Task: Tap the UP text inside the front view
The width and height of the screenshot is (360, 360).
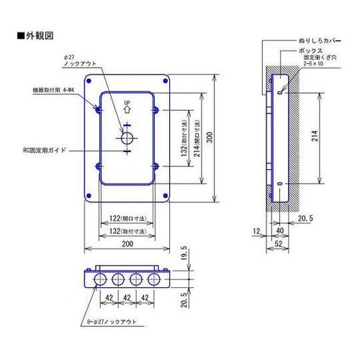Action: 127,103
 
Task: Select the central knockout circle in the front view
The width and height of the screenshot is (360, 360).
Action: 127,138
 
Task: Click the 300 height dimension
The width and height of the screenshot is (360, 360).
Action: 210,138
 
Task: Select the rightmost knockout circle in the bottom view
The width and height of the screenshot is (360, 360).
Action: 153,279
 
